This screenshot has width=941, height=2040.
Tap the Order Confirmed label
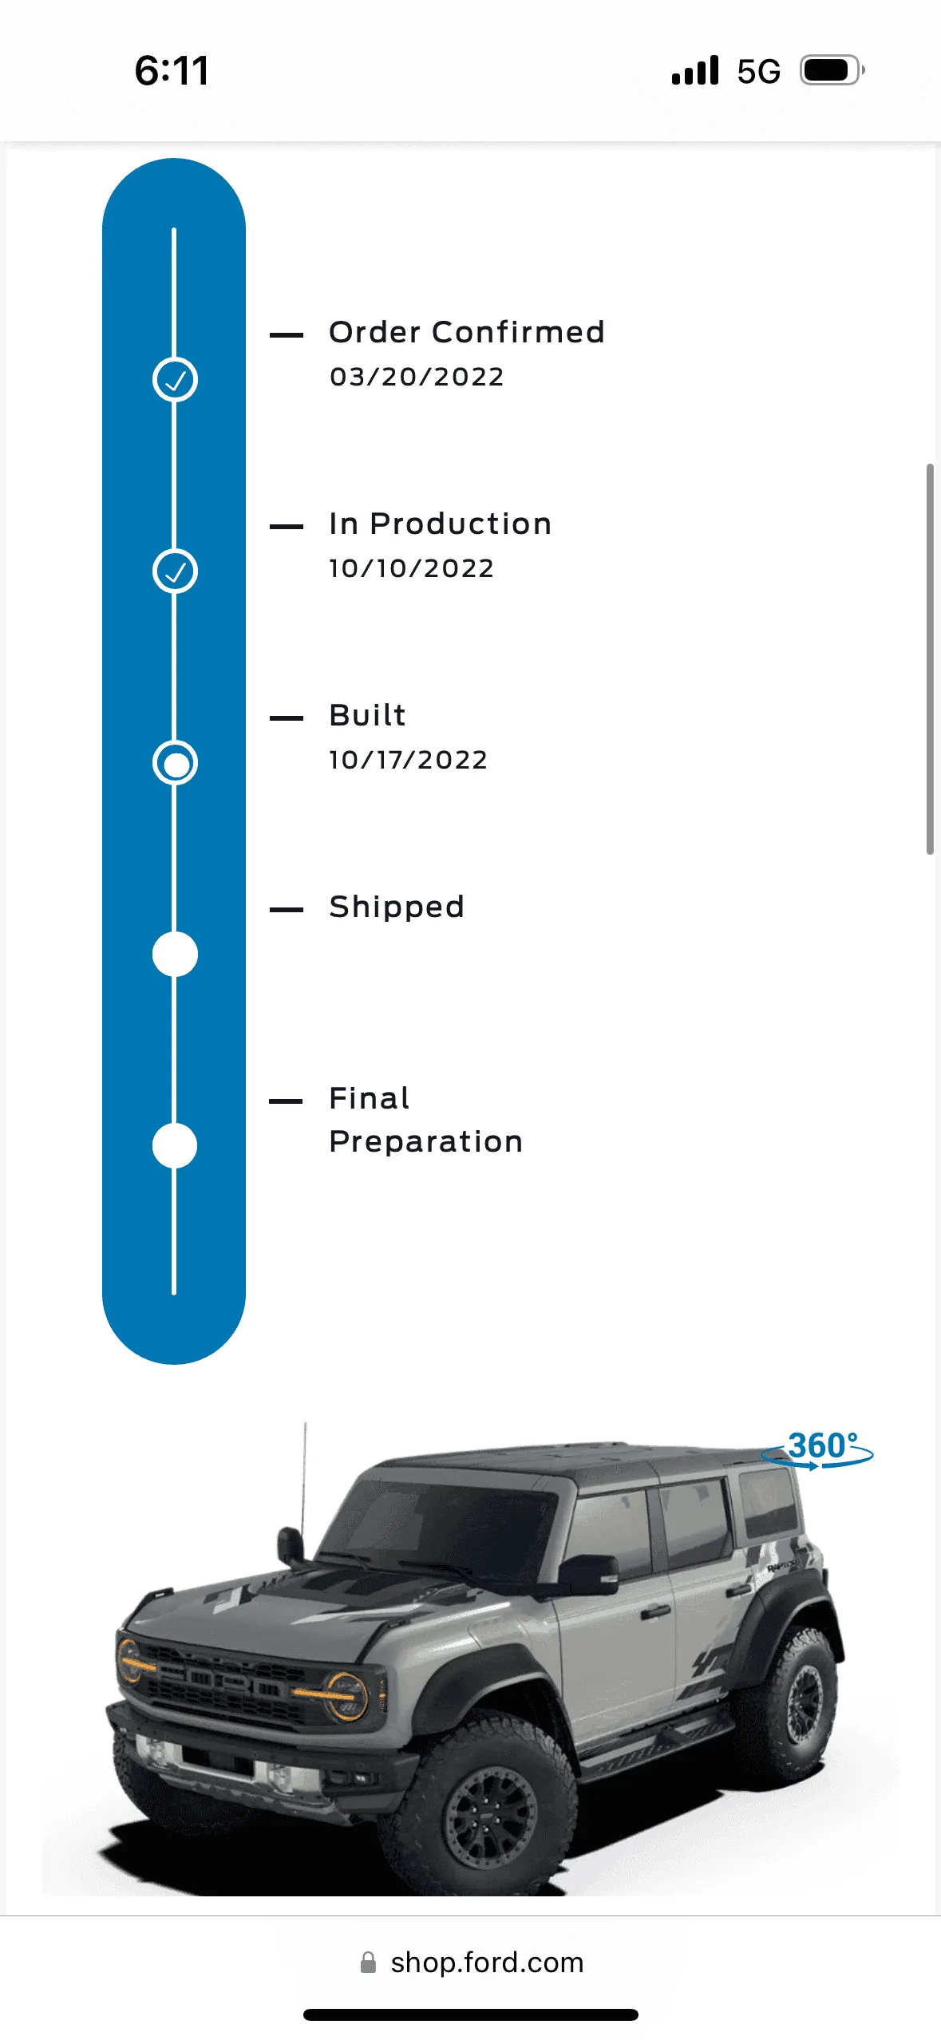(x=467, y=332)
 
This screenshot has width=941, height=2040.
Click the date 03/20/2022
(x=417, y=377)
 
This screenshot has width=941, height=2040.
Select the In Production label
(x=441, y=524)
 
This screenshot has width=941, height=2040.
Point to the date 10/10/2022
(x=412, y=568)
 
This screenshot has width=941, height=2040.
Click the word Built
(x=368, y=715)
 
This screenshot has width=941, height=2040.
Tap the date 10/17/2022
(x=409, y=760)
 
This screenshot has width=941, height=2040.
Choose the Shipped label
(x=397, y=907)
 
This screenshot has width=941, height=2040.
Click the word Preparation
(x=426, y=1142)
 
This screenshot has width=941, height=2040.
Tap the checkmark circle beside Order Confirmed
(x=175, y=380)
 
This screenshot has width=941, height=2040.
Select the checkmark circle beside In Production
(x=175, y=571)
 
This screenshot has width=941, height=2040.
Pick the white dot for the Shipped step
(x=175, y=955)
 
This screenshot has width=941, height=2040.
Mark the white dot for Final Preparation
(x=175, y=1146)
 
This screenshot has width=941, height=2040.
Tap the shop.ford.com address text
(x=487, y=1963)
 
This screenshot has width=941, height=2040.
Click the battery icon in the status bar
(x=832, y=70)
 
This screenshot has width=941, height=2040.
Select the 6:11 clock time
(x=172, y=70)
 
